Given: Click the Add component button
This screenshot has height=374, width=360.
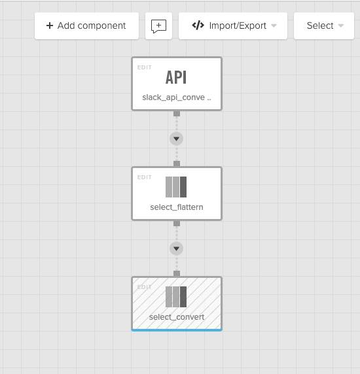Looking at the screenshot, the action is pyautogui.click(x=86, y=25).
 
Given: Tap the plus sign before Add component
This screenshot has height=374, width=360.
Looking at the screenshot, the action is pyautogui.click(x=50, y=25).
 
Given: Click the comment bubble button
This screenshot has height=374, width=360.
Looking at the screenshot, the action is pyautogui.click(x=159, y=25).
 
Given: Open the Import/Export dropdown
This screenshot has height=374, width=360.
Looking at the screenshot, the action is pyautogui.click(x=233, y=25).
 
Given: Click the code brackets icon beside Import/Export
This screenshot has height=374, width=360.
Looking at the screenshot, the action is pyautogui.click(x=198, y=25).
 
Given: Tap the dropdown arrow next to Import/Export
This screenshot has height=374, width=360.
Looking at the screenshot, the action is pyautogui.click(x=274, y=25).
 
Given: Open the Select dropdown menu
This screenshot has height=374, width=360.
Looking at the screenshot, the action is pyautogui.click(x=324, y=25).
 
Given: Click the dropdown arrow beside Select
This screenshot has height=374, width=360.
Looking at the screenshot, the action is pyautogui.click(x=341, y=25).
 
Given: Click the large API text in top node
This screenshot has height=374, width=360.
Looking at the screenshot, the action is pyautogui.click(x=176, y=78).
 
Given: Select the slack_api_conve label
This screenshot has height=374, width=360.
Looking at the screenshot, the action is pyautogui.click(x=177, y=97).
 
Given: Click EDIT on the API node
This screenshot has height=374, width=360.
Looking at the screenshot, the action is pyautogui.click(x=145, y=67).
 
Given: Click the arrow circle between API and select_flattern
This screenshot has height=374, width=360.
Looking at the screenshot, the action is pyautogui.click(x=177, y=139).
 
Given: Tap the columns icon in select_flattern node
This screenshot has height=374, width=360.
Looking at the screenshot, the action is pyautogui.click(x=176, y=187).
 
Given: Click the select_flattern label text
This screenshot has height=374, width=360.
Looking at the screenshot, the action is pyautogui.click(x=177, y=207).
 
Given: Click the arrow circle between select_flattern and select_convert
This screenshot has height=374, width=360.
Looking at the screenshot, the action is pyautogui.click(x=177, y=248).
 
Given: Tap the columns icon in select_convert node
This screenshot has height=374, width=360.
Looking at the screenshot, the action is pyautogui.click(x=176, y=297).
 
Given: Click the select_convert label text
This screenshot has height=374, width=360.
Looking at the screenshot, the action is pyautogui.click(x=177, y=317).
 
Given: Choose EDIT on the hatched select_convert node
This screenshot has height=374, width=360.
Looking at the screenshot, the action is pyautogui.click(x=145, y=287).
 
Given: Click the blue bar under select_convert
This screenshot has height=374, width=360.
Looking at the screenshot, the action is pyautogui.click(x=177, y=330).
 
